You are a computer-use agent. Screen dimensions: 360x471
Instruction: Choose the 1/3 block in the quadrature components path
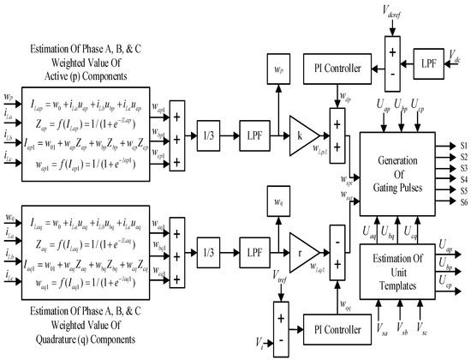pyautogui.click(x=209, y=249)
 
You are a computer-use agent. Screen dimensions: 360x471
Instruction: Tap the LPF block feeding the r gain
pyautogui.click(x=253, y=249)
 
